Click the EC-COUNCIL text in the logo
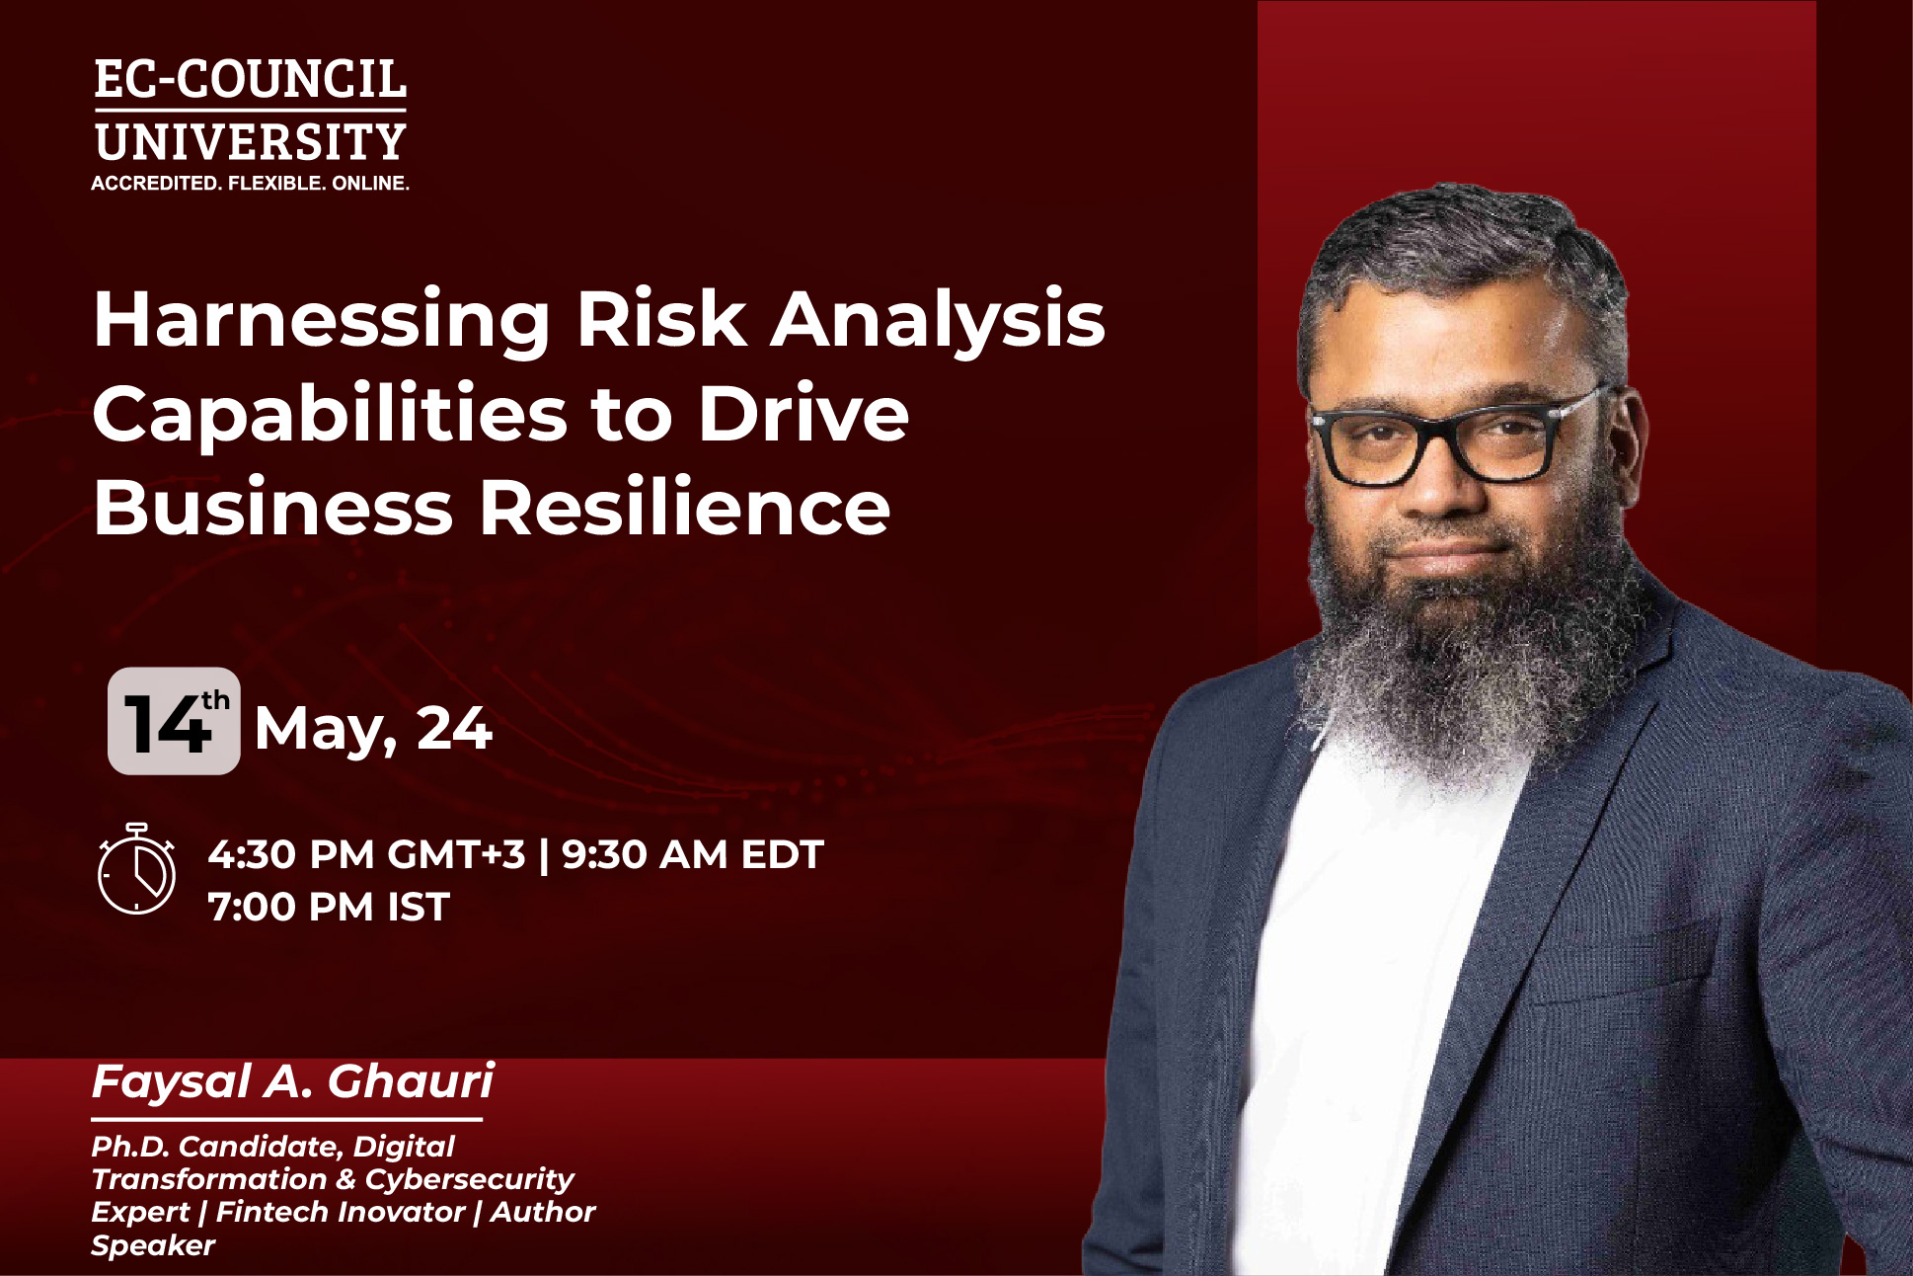[x=250, y=80]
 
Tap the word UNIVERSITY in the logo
[x=250, y=142]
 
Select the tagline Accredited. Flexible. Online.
[x=250, y=184]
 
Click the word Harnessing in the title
[x=321, y=321]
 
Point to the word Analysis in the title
[x=937, y=321]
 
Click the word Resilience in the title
[x=685, y=509]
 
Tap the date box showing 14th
[x=174, y=721]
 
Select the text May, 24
[x=373, y=730]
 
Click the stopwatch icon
[x=136, y=869]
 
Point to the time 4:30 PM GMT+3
[x=366, y=855]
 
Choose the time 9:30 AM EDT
[x=692, y=855]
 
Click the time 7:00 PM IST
[x=329, y=907]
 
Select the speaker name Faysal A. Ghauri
[x=292, y=1082]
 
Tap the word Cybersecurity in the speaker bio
[x=470, y=1179]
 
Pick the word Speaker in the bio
[x=153, y=1245]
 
